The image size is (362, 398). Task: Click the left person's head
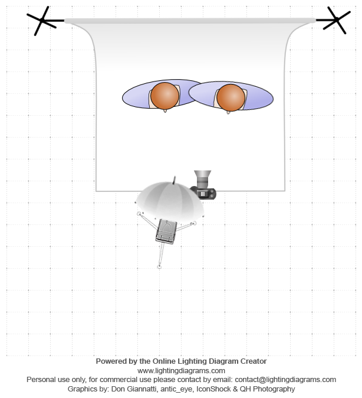pos(164,96)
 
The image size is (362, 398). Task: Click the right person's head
pos(231,97)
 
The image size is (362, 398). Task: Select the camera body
pos(203,193)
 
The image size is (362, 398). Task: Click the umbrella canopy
pos(170,201)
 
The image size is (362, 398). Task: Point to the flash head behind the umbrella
pos(166,231)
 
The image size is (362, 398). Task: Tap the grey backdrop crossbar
pos(190,21)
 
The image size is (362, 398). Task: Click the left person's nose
pos(165,110)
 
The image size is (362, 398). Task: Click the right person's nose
pos(228,112)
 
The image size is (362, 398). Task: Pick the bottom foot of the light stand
pos(159,267)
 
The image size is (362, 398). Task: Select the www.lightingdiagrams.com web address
pos(181,371)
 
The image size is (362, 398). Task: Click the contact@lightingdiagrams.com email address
pos(285,380)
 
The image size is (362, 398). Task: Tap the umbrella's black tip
pos(174,180)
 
